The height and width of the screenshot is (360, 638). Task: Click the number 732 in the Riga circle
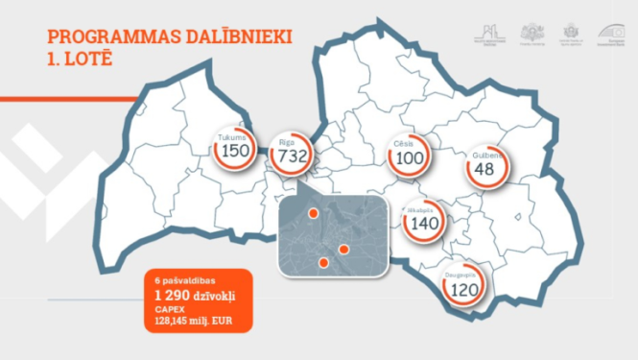(292, 158)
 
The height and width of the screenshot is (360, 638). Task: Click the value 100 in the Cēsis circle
(410, 158)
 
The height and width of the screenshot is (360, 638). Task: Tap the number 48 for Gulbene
(484, 170)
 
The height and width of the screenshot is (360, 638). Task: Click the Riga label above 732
(286, 142)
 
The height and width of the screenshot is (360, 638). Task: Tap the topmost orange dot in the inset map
(313, 213)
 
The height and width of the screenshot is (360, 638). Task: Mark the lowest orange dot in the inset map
(323, 261)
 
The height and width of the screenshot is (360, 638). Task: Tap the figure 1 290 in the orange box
(170, 294)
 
